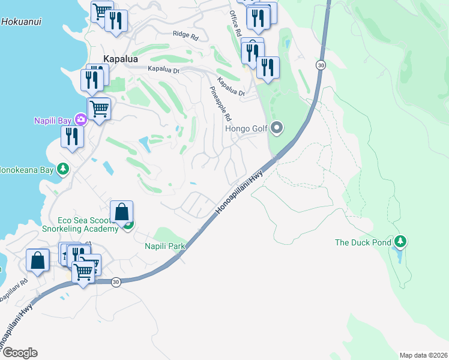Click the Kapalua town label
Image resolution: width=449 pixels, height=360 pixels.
pyautogui.click(x=121, y=59)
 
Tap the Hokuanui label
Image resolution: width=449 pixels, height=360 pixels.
pyautogui.click(x=20, y=21)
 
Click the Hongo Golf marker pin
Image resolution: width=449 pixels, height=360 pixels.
pyautogui.click(x=277, y=127)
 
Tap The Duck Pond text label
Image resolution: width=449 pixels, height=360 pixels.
pyautogui.click(x=363, y=242)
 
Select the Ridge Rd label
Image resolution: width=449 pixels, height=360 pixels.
pyautogui.click(x=185, y=36)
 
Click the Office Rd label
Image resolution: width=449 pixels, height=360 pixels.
pyautogui.click(x=235, y=22)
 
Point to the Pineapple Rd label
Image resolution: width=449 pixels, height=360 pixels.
pyautogui.click(x=220, y=103)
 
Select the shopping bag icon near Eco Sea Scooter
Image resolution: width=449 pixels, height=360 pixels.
pyautogui.click(x=121, y=212)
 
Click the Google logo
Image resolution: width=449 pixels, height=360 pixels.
pyautogui.click(x=19, y=353)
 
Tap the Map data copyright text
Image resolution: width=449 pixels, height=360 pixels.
pyautogui.click(x=423, y=355)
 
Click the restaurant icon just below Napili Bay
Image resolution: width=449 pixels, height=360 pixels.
pyautogui.click(x=71, y=137)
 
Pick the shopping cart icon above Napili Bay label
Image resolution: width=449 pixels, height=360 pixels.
pyautogui.click(x=99, y=109)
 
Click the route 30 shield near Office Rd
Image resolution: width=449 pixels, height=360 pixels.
pyautogui.click(x=321, y=65)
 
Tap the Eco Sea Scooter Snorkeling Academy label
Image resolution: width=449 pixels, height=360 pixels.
pyautogui.click(x=88, y=225)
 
